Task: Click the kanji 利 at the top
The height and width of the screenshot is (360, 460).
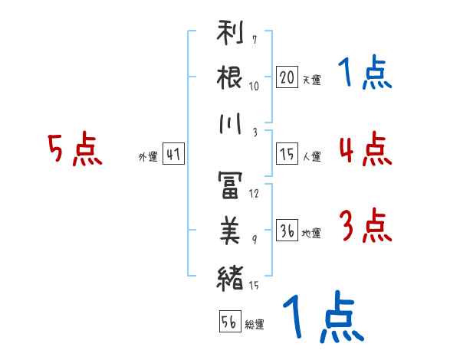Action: click(230, 35)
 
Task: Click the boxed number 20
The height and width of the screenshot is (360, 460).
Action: click(287, 77)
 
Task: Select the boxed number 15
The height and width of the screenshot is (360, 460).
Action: click(287, 154)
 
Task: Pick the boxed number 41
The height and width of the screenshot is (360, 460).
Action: click(173, 154)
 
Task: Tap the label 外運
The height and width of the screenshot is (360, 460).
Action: click(147, 157)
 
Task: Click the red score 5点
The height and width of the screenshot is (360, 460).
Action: click(75, 149)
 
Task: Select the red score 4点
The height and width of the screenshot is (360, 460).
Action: click(365, 149)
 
